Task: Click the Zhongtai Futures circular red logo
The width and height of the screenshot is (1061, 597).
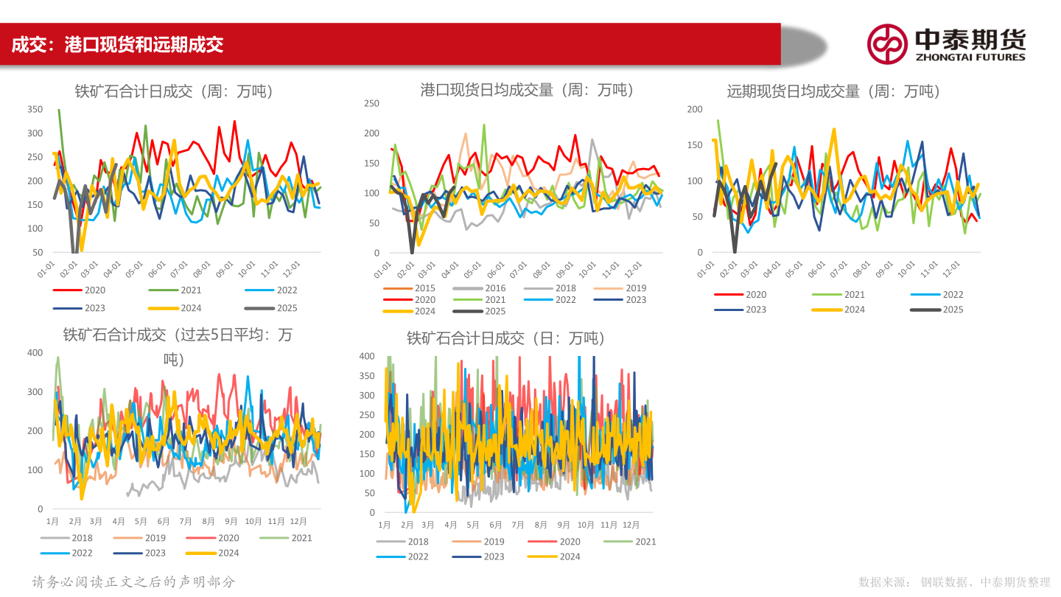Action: pyautogui.click(x=887, y=43)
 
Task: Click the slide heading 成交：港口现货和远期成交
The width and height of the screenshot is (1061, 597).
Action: pyautogui.click(x=118, y=45)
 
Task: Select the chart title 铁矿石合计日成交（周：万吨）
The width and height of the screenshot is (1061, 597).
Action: pyautogui.click(x=174, y=91)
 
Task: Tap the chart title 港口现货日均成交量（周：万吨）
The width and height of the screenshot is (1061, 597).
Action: pyautogui.click(x=527, y=90)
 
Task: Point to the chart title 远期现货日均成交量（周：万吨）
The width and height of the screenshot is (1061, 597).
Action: pyautogui.click(x=833, y=91)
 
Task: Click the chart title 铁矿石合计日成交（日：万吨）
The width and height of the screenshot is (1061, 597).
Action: pyautogui.click(x=505, y=338)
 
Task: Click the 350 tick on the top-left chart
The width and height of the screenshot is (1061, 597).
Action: pyautogui.click(x=35, y=110)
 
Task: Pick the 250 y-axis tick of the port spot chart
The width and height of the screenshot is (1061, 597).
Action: pyautogui.click(x=371, y=104)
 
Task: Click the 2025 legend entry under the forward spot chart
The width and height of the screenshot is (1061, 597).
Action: pyautogui.click(x=953, y=310)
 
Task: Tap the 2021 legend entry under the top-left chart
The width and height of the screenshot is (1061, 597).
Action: pyautogui.click(x=191, y=290)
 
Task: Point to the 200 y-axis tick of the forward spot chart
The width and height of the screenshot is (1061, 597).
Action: pyautogui.click(x=695, y=110)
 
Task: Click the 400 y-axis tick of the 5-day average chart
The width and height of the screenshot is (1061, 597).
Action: pyautogui.click(x=35, y=353)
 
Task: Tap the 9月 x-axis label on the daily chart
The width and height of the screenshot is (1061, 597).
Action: pyautogui.click(x=564, y=526)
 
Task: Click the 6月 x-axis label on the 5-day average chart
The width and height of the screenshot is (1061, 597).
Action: pyautogui.click(x=164, y=521)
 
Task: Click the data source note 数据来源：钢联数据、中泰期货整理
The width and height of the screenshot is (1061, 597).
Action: pyautogui.click(x=954, y=582)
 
